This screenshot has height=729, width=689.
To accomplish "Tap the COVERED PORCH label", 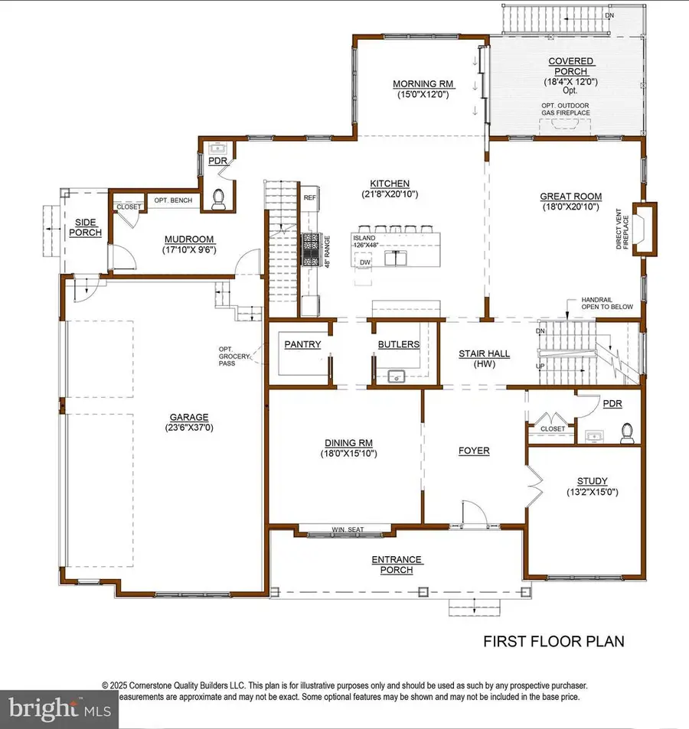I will click(570, 67).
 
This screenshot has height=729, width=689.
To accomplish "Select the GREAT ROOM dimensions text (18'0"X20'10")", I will click(571, 207).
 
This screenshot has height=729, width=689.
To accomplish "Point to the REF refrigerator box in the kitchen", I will click(309, 197).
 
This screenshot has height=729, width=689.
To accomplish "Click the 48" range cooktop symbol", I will click(312, 249).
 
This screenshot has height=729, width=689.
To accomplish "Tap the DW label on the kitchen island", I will click(366, 262).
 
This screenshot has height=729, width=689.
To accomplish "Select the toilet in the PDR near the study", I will click(627, 433).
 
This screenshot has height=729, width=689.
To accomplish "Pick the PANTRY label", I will click(302, 344).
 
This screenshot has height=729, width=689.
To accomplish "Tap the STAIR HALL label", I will click(484, 353).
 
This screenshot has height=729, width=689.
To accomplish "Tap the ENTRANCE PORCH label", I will click(397, 565).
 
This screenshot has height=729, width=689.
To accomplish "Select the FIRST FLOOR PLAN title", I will click(553, 641).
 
